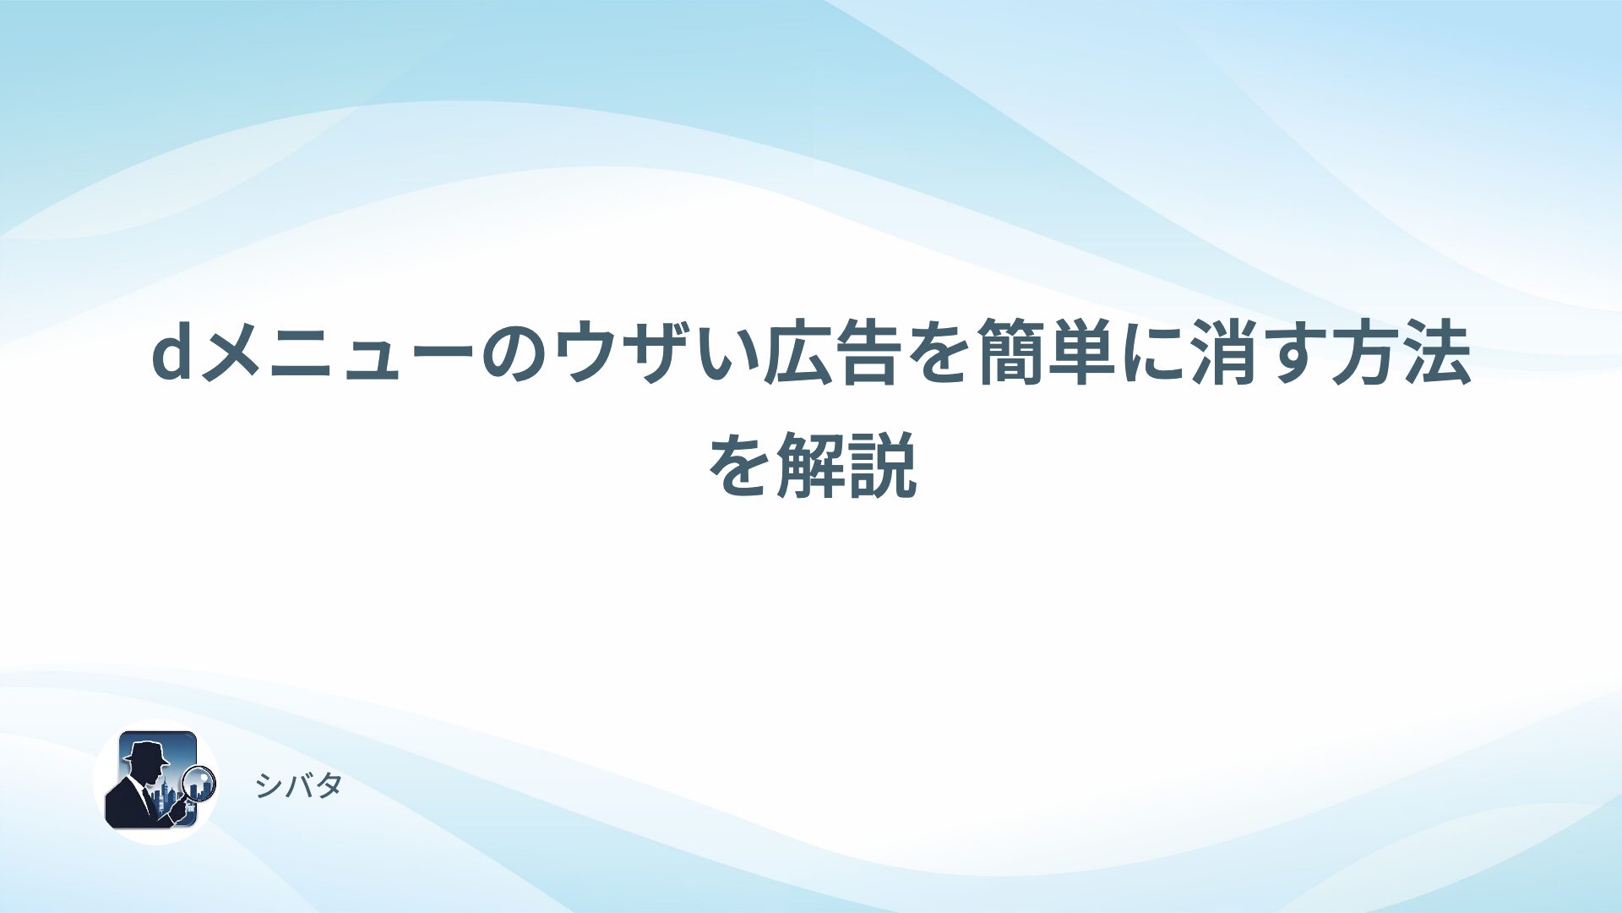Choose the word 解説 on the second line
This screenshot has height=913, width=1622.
(x=846, y=465)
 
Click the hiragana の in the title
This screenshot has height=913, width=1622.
(x=518, y=354)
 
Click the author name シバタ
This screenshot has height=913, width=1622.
(x=298, y=785)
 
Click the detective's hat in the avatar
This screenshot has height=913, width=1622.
(x=146, y=752)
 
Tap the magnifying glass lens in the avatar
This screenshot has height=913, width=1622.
(x=200, y=783)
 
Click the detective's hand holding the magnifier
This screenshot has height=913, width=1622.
(x=179, y=809)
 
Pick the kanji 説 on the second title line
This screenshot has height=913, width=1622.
(x=883, y=465)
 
